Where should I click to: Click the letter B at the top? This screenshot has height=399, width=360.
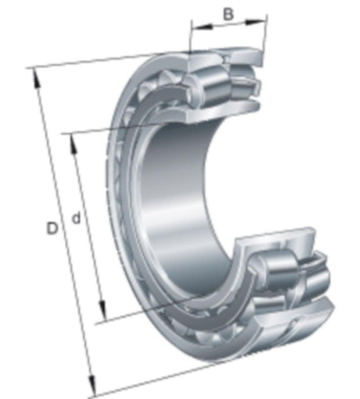pos(228,14)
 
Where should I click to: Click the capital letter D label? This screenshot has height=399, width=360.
pos(52,229)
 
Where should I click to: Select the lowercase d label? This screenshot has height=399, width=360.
pos(76,218)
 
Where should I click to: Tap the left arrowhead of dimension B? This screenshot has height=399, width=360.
pos(202,27)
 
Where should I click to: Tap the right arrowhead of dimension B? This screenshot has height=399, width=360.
pos(255,21)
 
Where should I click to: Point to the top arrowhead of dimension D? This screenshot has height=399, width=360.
pos(36,78)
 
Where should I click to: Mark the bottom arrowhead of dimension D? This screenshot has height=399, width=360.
pos(91,386)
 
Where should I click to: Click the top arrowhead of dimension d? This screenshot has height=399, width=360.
pos(73,144)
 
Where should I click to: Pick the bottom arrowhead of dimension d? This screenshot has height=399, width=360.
pos(103,310)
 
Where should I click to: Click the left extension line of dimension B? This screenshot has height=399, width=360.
pos(190,36)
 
